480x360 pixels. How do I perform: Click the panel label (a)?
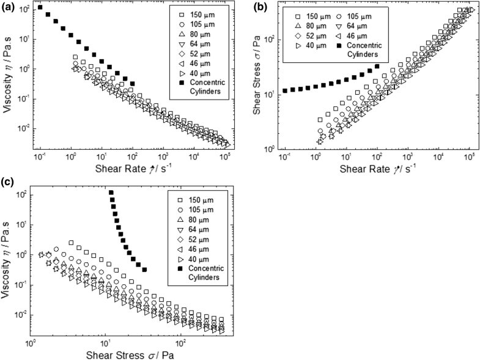[8, 7]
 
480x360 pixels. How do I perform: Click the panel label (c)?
[8, 181]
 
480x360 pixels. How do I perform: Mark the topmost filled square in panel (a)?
[40, 7]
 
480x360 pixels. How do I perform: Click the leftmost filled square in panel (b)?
[286, 90]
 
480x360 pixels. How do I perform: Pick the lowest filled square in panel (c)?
[144, 270]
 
